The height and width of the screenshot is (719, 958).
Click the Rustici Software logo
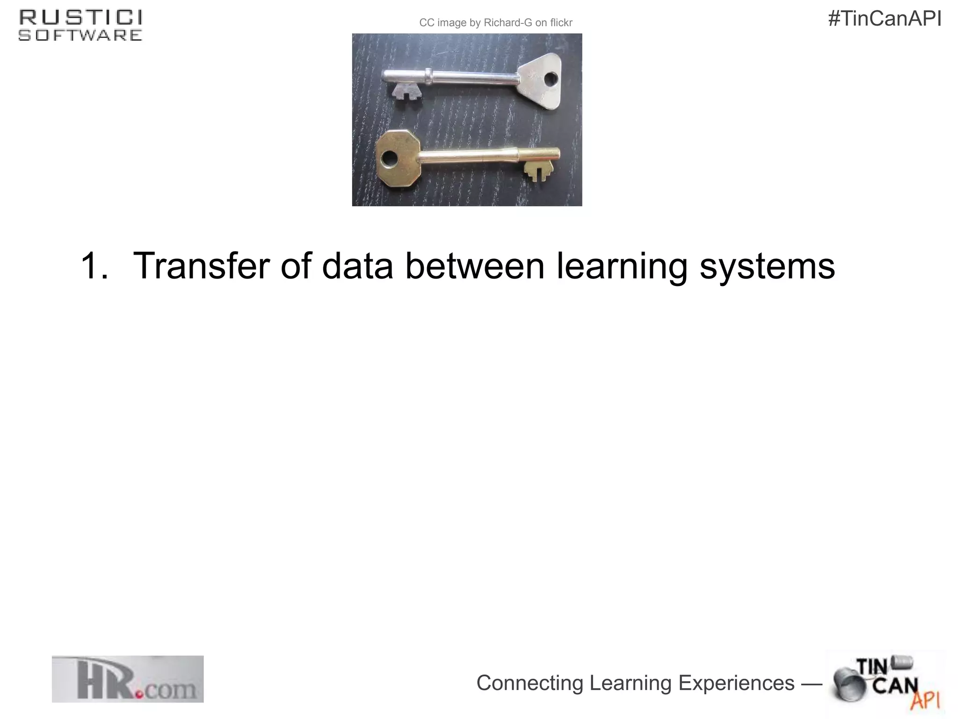[x=80, y=26]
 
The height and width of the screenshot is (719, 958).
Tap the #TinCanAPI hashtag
[x=885, y=19]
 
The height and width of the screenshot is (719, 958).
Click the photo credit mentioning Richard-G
[x=495, y=23]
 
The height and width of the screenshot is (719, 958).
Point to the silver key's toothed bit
[x=406, y=91]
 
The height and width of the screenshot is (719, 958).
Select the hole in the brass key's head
[x=388, y=159]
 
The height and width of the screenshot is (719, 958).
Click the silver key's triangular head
[x=543, y=81]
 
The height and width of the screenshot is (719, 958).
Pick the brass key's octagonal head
[x=397, y=159]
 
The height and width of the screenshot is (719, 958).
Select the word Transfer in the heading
[x=202, y=266]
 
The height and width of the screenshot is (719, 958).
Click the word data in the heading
[x=357, y=266]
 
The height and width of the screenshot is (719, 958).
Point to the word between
[x=475, y=266]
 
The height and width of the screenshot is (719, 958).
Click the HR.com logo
[x=127, y=679]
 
